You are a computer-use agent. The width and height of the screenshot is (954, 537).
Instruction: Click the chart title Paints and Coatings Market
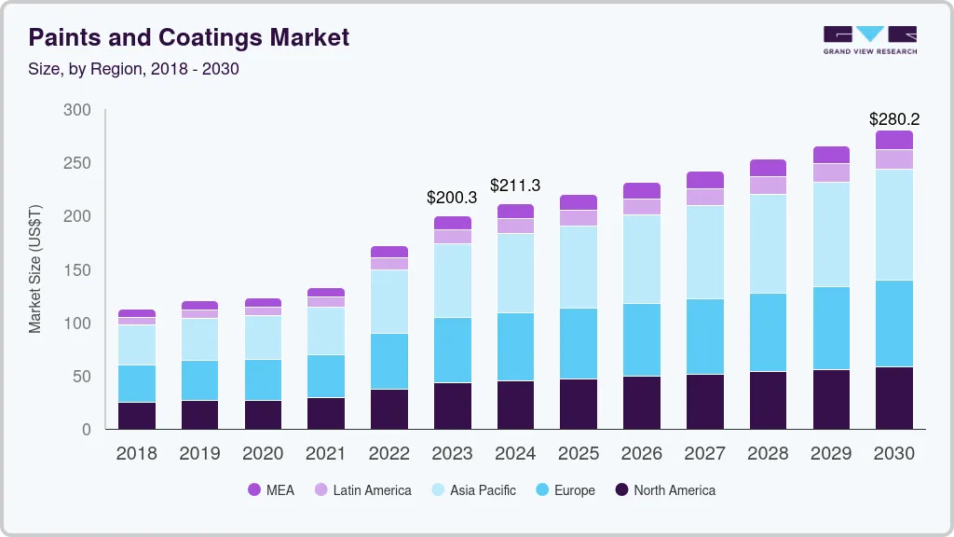[x=189, y=37]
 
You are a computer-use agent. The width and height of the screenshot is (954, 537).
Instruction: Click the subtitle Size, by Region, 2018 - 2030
[x=134, y=69]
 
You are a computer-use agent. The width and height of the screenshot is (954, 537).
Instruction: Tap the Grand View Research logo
[x=869, y=39]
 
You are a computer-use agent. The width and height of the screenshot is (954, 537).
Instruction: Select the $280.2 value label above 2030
[x=894, y=119]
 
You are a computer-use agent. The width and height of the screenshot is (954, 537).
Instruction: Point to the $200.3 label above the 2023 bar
[x=452, y=198]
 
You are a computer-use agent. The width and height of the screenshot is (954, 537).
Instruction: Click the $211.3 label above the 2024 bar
[x=515, y=186]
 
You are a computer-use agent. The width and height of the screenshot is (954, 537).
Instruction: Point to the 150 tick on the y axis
[x=77, y=270]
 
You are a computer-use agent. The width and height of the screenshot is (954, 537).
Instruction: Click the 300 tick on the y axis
[x=77, y=110]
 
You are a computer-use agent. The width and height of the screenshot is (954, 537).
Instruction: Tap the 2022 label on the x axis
[x=388, y=454]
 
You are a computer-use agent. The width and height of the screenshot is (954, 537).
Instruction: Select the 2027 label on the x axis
[x=705, y=454]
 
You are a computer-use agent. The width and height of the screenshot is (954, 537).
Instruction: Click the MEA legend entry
[x=271, y=490]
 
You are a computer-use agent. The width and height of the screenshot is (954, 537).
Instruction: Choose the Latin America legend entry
[x=362, y=490]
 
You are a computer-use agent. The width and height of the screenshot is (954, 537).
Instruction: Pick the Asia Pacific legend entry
[x=472, y=490]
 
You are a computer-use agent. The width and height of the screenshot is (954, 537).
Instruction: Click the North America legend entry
[x=664, y=490]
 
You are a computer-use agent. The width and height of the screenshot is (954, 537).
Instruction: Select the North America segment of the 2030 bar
[x=894, y=398]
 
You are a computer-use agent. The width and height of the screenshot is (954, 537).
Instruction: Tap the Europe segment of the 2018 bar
[x=137, y=383]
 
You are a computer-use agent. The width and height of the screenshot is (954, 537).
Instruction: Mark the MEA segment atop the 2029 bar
[x=831, y=155]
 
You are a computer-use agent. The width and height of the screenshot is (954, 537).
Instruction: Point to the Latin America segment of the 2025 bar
[x=579, y=217]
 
